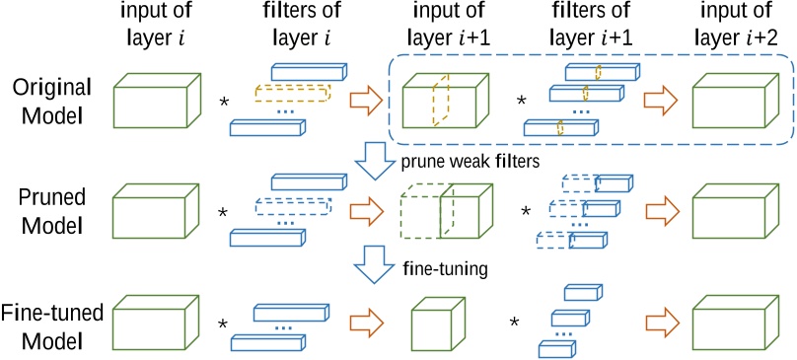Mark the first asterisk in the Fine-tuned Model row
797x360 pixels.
coord(223,324)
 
